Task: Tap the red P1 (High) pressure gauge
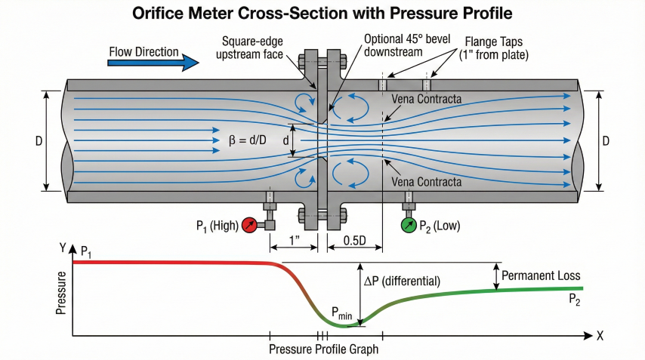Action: [250, 225]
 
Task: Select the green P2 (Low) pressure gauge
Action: [409, 225]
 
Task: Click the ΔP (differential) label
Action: [402, 281]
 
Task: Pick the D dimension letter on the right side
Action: [606, 142]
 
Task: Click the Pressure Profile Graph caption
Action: [323, 349]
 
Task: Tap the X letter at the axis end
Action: [600, 336]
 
